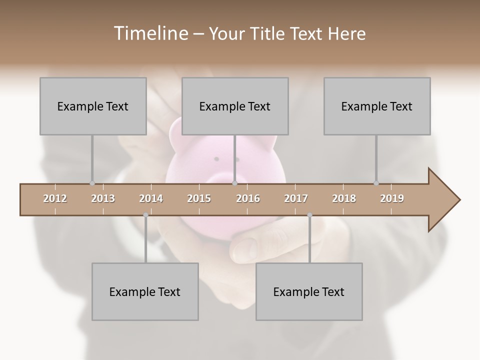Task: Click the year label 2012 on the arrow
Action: click(55, 198)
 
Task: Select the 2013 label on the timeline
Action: click(103, 198)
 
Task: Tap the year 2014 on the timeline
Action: click(151, 198)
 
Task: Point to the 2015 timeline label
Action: click(199, 198)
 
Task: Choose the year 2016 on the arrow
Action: click(248, 198)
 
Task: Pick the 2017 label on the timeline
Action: click(296, 198)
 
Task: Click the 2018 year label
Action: click(344, 198)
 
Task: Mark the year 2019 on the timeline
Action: click(392, 198)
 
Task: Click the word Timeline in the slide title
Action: click(149, 33)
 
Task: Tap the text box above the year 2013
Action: click(93, 106)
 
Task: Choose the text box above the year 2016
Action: click(235, 106)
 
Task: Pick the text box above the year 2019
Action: click(377, 106)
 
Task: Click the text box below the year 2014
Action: click(145, 292)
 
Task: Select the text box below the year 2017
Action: click(309, 292)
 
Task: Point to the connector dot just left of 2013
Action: click(92, 183)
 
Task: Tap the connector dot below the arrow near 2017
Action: click(309, 215)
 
